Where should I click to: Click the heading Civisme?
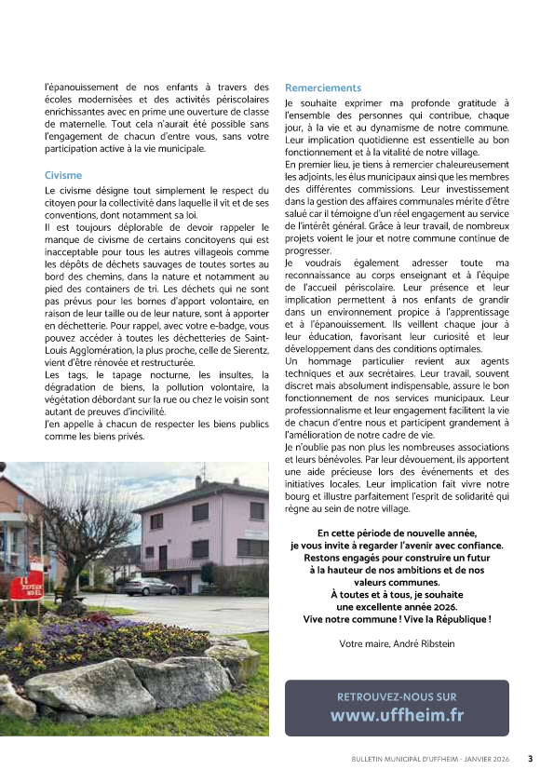(63, 175)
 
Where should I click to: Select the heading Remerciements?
(322, 88)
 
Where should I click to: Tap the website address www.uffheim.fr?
(397, 715)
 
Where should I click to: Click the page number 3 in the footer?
(530, 759)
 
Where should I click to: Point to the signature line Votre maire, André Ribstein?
(397, 643)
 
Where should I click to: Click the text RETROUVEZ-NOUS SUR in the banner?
(397, 695)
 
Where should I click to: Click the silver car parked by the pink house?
(150, 587)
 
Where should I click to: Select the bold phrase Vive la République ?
(447, 618)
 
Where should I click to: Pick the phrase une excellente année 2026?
(397, 606)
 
